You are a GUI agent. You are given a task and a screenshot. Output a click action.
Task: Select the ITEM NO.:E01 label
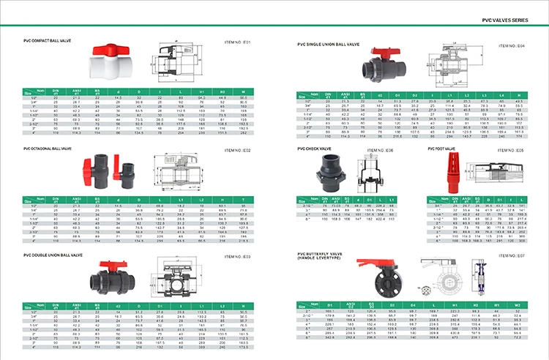click(236, 42)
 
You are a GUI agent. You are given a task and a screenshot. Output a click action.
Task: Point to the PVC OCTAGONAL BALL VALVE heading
click(52, 148)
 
